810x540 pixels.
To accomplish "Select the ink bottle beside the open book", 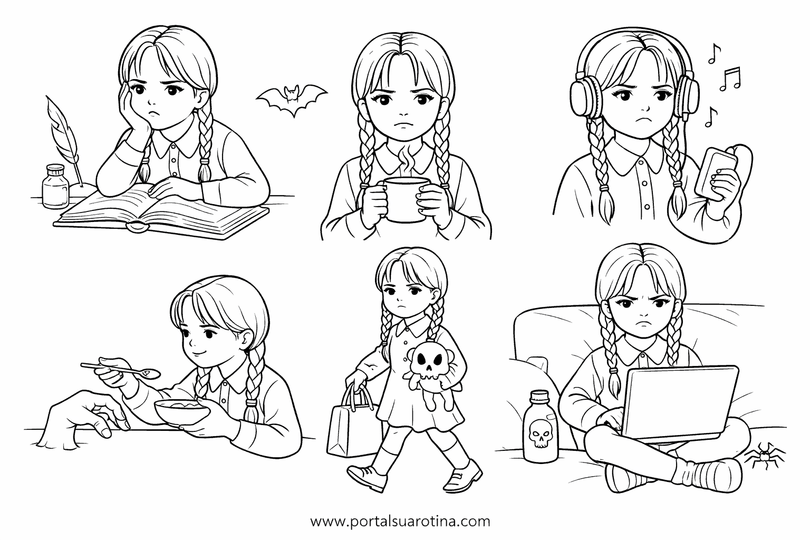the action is [55, 187].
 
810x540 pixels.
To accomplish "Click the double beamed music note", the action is [730, 79].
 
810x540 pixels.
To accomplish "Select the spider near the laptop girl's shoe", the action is [764, 457].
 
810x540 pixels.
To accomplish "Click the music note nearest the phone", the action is [711, 117].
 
